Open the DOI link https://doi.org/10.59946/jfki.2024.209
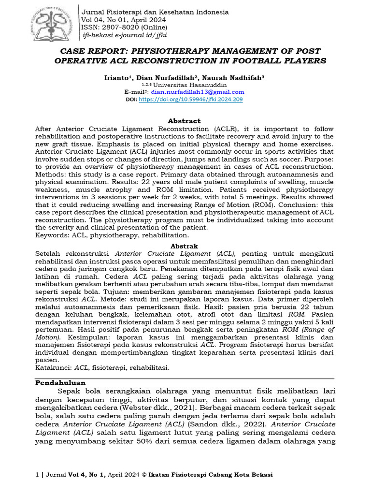(191, 99)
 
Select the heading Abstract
(184, 121)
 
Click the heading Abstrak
(185, 246)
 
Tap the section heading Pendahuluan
(61, 382)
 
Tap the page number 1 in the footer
(38, 475)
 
